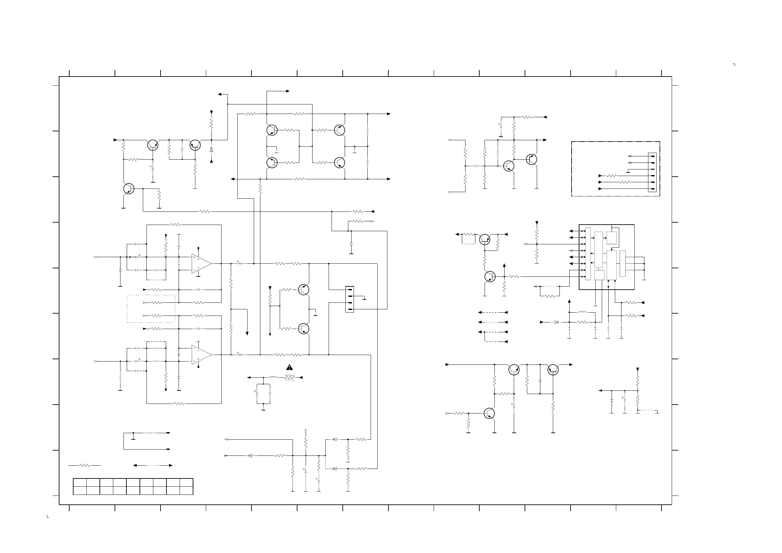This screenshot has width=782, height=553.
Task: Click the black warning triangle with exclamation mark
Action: (289, 367)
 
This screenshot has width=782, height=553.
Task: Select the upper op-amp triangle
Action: (201, 263)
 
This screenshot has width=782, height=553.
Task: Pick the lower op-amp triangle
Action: (201, 355)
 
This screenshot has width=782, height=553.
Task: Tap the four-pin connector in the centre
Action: (349, 299)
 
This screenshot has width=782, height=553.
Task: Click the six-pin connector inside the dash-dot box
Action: (652, 172)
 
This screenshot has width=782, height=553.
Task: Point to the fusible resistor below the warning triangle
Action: (289, 378)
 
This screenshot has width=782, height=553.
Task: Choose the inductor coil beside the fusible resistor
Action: (273, 377)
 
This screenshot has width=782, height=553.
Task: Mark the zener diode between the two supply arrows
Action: (211, 149)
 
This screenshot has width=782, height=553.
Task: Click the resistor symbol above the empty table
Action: (84, 465)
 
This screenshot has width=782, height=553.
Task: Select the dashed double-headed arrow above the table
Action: (153, 465)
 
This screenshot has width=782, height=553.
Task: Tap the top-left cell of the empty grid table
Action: (80, 482)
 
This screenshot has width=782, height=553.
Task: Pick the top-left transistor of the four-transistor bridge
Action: (272, 130)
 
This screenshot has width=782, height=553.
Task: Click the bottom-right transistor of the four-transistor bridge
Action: (339, 163)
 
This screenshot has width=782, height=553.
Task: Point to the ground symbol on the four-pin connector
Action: (365, 299)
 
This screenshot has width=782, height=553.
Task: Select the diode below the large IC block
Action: (556, 322)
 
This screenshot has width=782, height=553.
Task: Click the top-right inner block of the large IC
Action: (611, 238)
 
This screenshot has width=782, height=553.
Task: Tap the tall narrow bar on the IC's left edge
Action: (588, 254)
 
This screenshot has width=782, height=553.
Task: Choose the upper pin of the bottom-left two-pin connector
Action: (167, 433)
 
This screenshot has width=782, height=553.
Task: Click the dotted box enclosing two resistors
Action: (151, 309)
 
